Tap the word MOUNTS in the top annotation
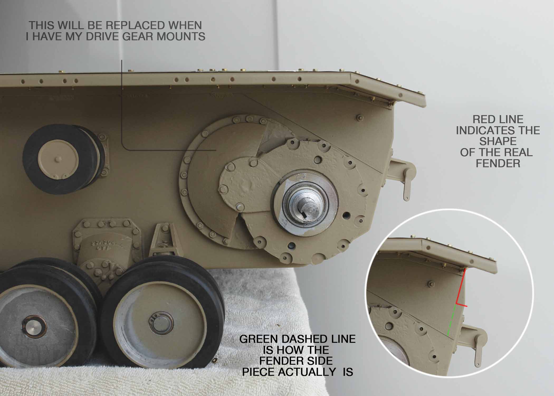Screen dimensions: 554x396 pyautogui.click(x=181, y=37)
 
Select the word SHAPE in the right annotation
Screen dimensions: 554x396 pyautogui.click(x=498, y=142)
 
